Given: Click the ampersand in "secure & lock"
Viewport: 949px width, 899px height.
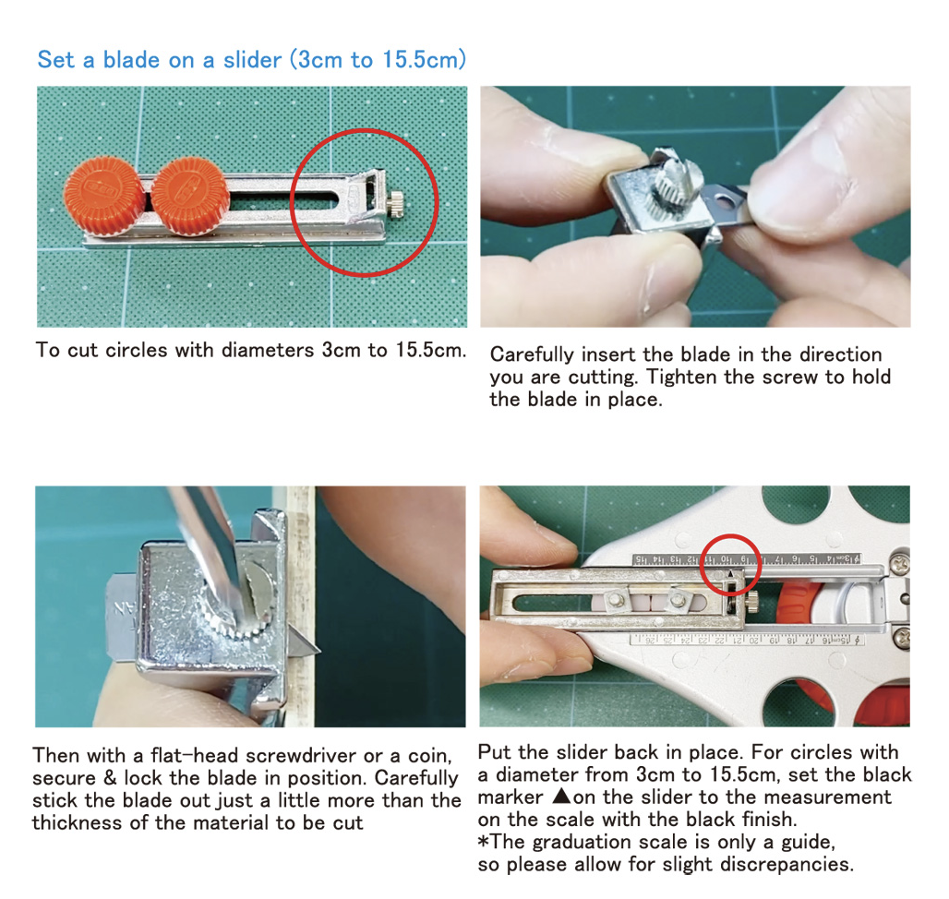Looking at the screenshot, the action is (x=110, y=778).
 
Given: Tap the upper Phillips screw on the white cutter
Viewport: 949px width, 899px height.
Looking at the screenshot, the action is (x=901, y=565).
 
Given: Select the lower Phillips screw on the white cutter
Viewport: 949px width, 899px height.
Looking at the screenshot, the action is (x=901, y=638).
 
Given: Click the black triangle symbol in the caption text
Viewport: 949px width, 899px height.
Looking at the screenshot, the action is (x=562, y=796).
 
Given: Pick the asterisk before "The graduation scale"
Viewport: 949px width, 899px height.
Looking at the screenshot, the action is (x=483, y=841).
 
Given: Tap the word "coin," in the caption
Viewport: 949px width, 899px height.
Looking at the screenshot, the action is (x=430, y=756).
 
